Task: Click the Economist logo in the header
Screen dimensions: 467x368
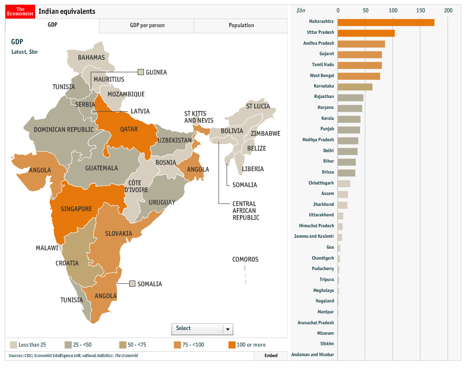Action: [20, 11]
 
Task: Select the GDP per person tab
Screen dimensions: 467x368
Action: [147, 26]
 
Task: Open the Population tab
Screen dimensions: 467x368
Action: [241, 26]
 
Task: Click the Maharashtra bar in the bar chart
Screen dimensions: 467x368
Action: [386, 22]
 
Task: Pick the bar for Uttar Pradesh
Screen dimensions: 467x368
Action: [366, 33]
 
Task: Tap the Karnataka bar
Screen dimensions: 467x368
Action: [355, 87]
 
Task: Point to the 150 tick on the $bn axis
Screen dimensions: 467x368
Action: [420, 10]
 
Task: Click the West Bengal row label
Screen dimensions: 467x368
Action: [322, 76]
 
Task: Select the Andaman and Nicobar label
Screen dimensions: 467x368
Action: [313, 355]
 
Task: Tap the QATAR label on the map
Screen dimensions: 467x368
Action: [129, 129]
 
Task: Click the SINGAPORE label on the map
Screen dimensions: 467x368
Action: [76, 209]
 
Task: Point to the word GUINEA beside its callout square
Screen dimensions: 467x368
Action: [156, 72]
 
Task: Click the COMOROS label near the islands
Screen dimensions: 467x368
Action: [245, 260]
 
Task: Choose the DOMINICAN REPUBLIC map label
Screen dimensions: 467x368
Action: [64, 130]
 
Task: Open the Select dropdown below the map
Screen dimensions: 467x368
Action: [202, 329]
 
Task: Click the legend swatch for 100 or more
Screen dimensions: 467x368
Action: [232, 345]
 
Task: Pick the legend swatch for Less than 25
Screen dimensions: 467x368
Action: [13, 345]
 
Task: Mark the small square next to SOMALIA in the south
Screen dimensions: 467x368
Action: [132, 284]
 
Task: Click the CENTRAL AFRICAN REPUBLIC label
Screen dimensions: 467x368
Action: [246, 211]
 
